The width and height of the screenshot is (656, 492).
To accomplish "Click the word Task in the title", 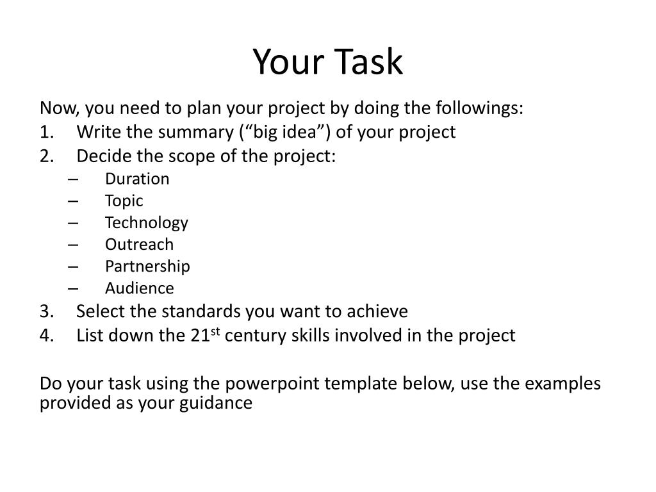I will pyautogui.click(x=367, y=63).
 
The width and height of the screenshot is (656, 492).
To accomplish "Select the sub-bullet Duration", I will pyautogui.click(x=137, y=179).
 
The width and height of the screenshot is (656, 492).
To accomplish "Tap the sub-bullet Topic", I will pyautogui.click(x=124, y=201).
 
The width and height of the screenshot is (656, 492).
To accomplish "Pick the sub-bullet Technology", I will pyautogui.click(x=147, y=222).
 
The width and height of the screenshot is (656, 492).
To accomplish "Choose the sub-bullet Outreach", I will pyautogui.click(x=139, y=244).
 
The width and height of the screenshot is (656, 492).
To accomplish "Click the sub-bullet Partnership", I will pyautogui.click(x=147, y=266).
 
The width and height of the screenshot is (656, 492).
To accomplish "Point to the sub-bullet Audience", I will pyautogui.click(x=139, y=288).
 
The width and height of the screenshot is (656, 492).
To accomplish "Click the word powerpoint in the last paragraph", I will pyautogui.click(x=272, y=383).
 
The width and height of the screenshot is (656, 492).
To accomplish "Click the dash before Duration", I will pyautogui.click(x=72, y=179).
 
